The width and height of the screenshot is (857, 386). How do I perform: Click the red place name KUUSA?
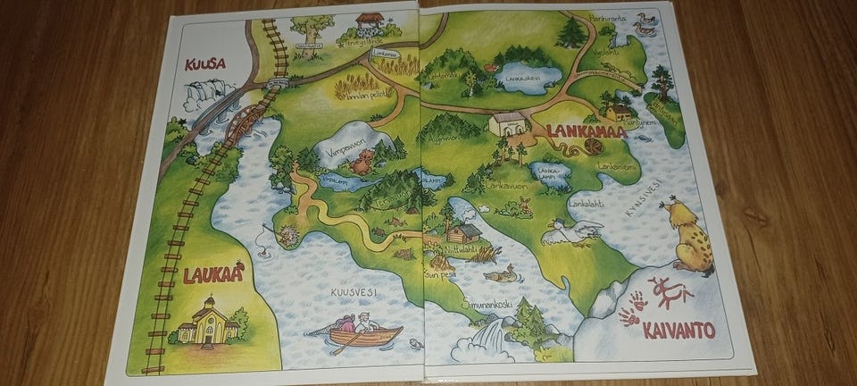pyautogui.click(x=204, y=64)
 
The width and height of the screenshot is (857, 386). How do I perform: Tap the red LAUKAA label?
pyautogui.click(x=212, y=276)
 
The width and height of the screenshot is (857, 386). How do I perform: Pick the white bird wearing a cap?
pyautogui.click(x=570, y=231)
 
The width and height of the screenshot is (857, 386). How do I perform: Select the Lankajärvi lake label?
pyautogui.click(x=526, y=78)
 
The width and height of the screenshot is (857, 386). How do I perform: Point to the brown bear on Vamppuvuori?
pyautogui.click(x=362, y=163)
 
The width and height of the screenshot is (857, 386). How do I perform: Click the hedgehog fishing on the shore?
pyautogui.click(x=287, y=236)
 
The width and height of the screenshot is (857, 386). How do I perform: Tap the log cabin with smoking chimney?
pyautogui.click(x=462, y=232)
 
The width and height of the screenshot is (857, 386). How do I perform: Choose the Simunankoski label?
pyautogui.click(x=487, y=304)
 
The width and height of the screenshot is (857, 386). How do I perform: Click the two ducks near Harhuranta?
pyautogui.click(x=642, y=24)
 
